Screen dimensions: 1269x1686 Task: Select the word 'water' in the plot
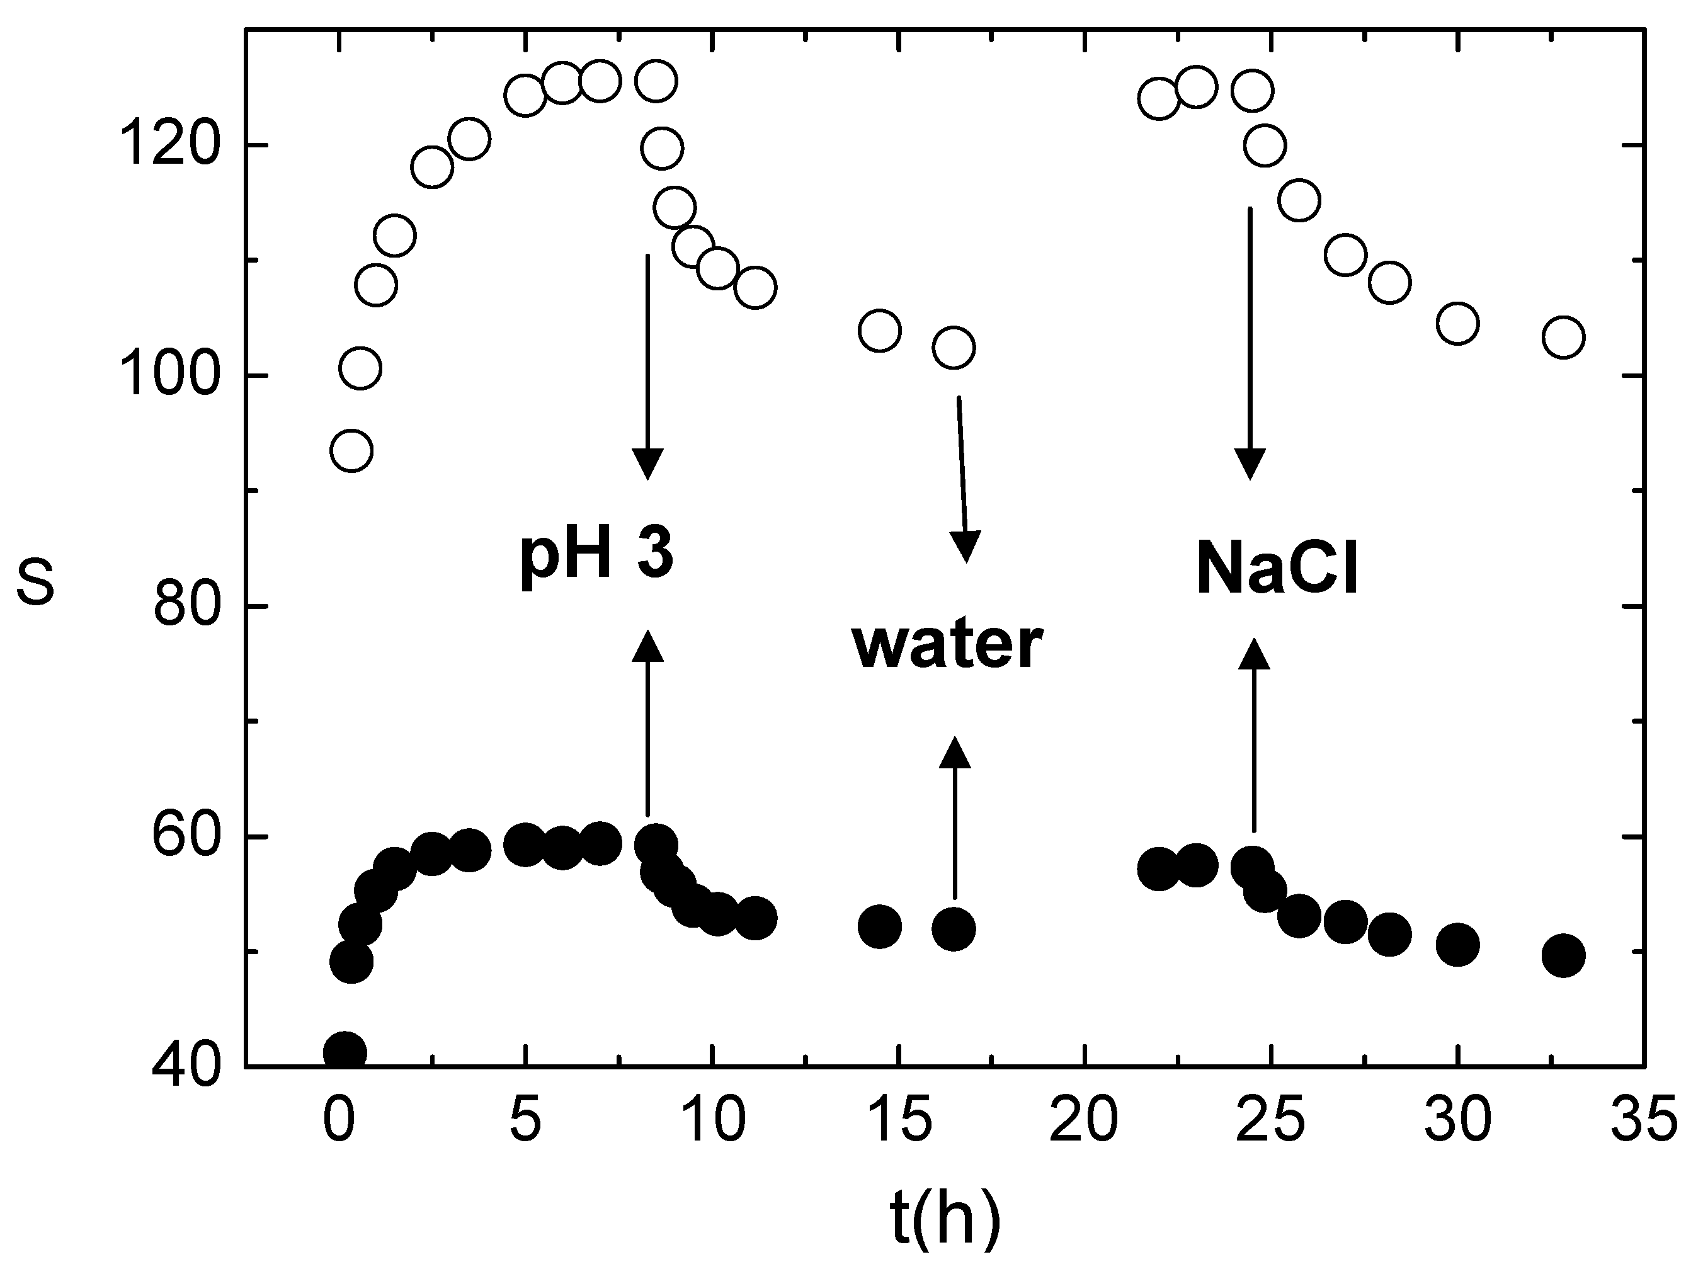[x=947, y=645]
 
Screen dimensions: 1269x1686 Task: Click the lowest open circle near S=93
[x=351, y=451]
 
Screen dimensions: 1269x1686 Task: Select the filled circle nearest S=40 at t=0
[x=345, y=1052]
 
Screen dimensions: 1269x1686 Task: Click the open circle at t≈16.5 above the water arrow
[x=954, y=348]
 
